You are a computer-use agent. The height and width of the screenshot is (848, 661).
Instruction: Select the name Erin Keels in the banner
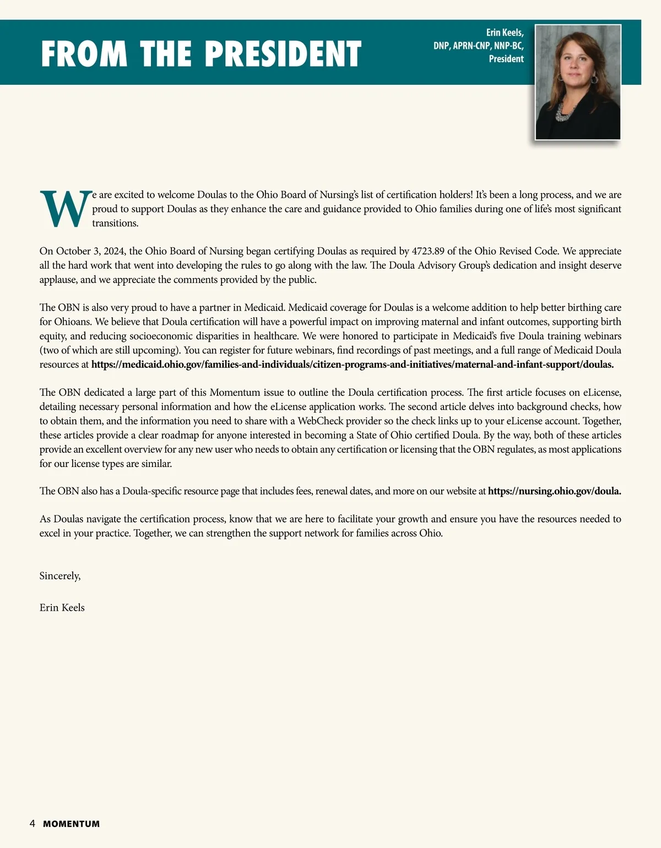tap(505, 32)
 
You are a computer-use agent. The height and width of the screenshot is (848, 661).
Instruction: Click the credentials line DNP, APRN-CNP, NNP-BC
tap(478, 46)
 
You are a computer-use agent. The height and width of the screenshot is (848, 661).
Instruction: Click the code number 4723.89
tap(428, 251)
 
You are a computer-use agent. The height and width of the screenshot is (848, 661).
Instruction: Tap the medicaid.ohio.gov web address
tap(353, 365)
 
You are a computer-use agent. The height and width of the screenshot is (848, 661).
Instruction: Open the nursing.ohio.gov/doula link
tap(554, 491)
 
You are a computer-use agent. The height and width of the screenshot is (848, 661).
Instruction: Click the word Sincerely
tap(60, 576)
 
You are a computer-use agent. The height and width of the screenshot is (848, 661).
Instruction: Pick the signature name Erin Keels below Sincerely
tap(62, 608)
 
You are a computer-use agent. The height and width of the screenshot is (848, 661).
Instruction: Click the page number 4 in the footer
tap(32, 824)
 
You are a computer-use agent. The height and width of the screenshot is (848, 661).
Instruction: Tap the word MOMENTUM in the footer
tap(72, 824)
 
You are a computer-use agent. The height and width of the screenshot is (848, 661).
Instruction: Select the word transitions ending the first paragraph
tap(115, 223)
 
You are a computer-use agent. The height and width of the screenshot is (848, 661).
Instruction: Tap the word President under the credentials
tap(506, 59)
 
